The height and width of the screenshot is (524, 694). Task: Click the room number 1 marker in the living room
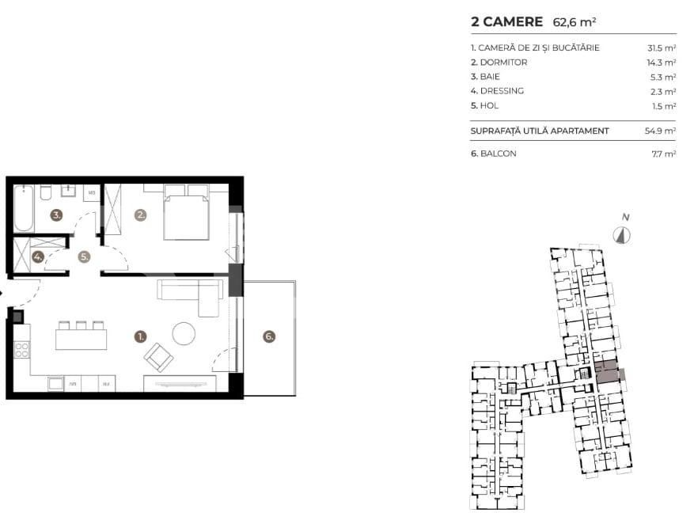[140, 336]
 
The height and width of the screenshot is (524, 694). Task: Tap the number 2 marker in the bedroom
[140, 215]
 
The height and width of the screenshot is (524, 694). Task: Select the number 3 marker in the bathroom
[57, 215]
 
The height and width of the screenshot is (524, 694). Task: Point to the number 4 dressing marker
[37, 256]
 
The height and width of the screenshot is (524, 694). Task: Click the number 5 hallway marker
[84, 256]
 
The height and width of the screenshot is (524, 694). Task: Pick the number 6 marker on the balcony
[269, 336]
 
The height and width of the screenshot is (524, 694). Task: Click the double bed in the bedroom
[187, 211]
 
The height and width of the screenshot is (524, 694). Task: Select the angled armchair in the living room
[158, 357]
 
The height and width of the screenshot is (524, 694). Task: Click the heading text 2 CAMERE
[506, 22]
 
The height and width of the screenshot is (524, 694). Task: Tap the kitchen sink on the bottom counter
[56, 384]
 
